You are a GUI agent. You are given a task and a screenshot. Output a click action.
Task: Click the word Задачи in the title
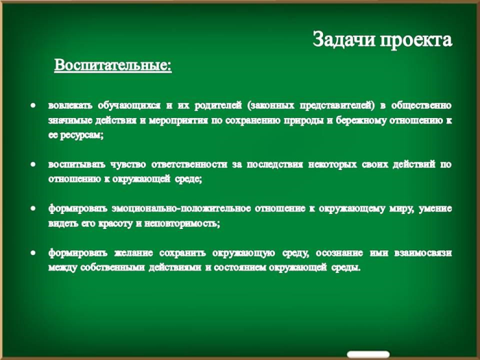[344, 40]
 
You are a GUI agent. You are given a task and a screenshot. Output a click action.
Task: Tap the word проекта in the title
[416, 40]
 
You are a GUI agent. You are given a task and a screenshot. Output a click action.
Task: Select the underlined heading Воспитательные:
[113, 65]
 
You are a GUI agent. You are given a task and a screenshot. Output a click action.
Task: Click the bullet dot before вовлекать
[33, 106]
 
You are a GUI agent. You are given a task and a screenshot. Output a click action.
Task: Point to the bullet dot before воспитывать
[33, 165]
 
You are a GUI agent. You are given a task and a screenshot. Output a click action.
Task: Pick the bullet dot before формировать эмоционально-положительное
[33, 208]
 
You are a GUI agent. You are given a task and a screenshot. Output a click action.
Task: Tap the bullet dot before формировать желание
[33, 253]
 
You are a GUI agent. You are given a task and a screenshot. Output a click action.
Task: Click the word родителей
[218, 106]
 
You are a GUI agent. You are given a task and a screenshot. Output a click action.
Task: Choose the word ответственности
[189, 165]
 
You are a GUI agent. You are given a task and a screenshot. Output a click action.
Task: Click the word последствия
[274, 165]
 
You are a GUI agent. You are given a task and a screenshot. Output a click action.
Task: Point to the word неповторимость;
[182, 224]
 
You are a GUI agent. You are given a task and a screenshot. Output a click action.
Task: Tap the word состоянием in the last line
[236, 267]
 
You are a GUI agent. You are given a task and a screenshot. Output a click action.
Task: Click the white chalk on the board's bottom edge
[368, 355]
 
